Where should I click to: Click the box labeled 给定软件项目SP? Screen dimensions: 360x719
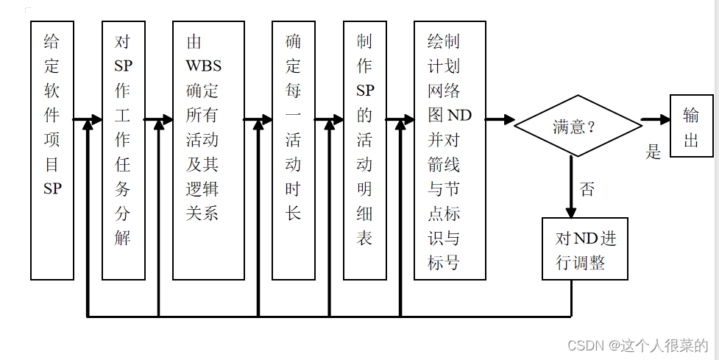(x=52, y=150)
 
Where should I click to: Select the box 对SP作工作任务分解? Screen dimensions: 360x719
(x=123, y=150)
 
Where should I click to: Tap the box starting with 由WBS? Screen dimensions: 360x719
(x=208, y=150)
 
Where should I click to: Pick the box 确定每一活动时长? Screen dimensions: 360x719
(x=293, y=150)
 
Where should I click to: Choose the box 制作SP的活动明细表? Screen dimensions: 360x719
(x=364, y=150)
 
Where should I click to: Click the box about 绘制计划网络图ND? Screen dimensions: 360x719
(x=450, y=150)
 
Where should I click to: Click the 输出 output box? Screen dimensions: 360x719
(x=691, y=126)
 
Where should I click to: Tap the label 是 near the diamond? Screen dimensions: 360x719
(x=654, y=152)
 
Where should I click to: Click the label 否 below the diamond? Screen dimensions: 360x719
(x=587, y=189)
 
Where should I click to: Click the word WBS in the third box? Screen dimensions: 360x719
(x=203, y=66)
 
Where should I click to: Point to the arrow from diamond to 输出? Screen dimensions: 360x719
(x=654, y=119)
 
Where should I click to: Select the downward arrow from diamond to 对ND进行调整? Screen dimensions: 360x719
(x=571, y=187)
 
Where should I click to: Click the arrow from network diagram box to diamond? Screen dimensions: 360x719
(x=500, y=119)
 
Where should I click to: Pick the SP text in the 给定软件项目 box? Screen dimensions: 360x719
(x=52, y=188)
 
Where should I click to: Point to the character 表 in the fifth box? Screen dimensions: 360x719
(x=364, y=238)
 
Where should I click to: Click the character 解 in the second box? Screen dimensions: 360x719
(x=123, y=238)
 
